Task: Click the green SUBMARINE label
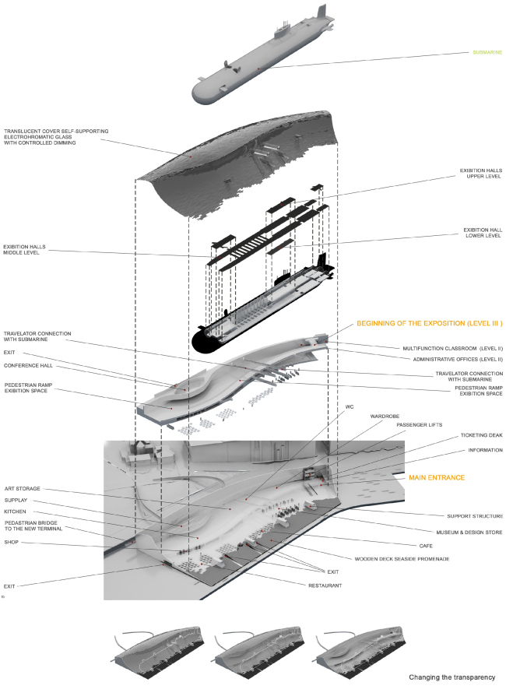tap(487, 54)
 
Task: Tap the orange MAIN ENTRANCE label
tap(437, 477)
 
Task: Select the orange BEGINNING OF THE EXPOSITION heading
tap(430, 323)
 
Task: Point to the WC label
tap(350, 406)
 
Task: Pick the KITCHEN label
tap(16, 511)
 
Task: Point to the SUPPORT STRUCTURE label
tap(475, 515)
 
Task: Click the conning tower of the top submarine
tap(320, 15)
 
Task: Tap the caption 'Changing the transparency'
tap(452, 677)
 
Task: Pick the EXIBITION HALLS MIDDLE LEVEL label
tap(25, 250)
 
